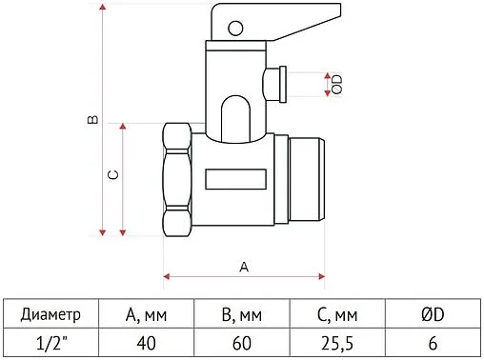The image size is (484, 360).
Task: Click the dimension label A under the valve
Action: click(x=243, y=267)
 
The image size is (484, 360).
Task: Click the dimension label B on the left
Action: click(x=91, y=121)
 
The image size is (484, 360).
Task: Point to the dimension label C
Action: click(x=111, y=176)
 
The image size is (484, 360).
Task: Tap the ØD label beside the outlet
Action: click(x=335, y=83)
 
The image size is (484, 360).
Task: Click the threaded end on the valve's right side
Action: click(x=307, y=181)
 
